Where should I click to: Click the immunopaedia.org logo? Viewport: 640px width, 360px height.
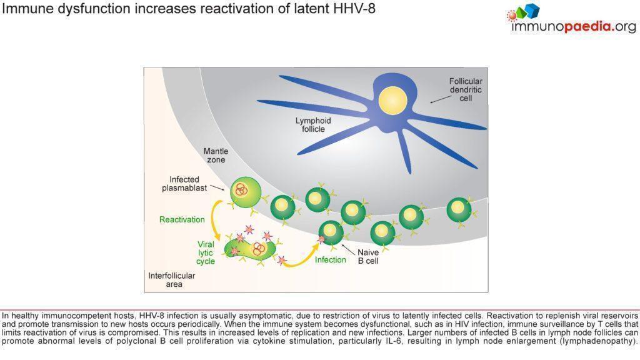point(572,19)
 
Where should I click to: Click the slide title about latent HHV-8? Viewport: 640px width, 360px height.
point(188,9)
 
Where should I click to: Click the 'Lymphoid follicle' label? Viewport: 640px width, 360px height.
point(313,124)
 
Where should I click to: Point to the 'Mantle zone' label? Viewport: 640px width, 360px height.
point(216,156)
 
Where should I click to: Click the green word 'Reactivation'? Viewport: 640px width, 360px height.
point(182,219)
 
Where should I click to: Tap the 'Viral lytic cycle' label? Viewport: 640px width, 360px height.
point(206,252)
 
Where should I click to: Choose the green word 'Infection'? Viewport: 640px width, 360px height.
point(330,259)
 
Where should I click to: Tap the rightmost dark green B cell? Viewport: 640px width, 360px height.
point(459,211)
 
